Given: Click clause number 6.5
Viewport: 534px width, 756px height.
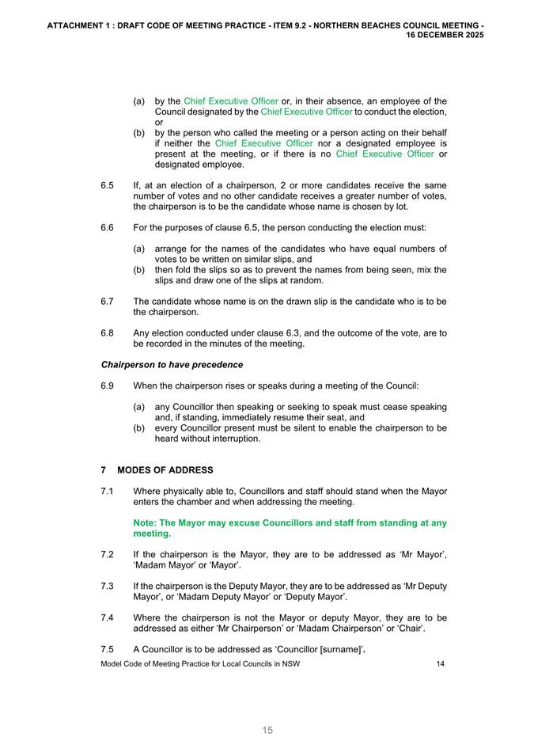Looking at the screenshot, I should click(108, 185).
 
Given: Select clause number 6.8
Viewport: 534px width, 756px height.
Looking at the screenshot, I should click(108, 333).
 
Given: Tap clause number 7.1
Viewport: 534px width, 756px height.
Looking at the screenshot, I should click(108, 492).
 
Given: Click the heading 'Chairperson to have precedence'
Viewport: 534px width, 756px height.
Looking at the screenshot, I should click(172, 365).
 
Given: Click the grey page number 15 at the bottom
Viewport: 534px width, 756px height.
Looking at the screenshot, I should click(267, 730).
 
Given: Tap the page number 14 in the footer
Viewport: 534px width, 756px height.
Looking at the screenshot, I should click(441, 664).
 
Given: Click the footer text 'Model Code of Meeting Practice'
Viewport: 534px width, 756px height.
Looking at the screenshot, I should click(162, 664).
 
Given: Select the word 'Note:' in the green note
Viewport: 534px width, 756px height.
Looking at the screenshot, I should click(146, 522).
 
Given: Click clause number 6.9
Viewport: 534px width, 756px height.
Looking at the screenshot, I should click(108, 386).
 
